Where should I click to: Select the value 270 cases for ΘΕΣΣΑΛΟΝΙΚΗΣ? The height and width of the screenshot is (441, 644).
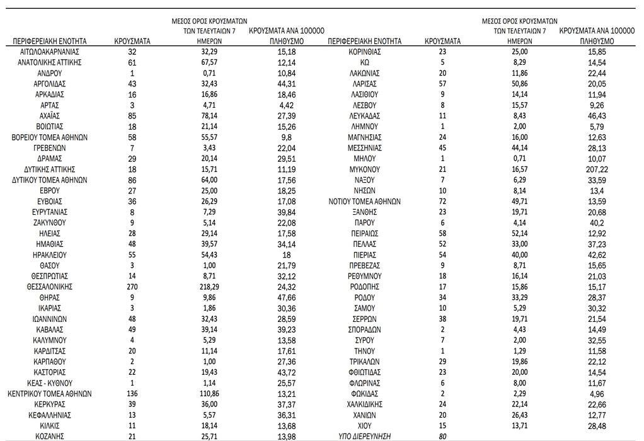(132, 287)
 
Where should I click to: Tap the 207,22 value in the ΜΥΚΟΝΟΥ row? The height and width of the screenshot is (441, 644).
(587, 169)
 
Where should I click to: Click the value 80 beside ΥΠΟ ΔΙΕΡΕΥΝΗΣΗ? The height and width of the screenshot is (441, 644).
(442, 436)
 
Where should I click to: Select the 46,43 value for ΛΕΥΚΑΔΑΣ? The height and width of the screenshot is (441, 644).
(587, 116)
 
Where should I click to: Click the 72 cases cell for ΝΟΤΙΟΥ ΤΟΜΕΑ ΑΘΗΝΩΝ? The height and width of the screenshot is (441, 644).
(442, 202)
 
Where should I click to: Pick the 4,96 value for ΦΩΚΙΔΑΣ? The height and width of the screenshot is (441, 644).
(587, 394)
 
